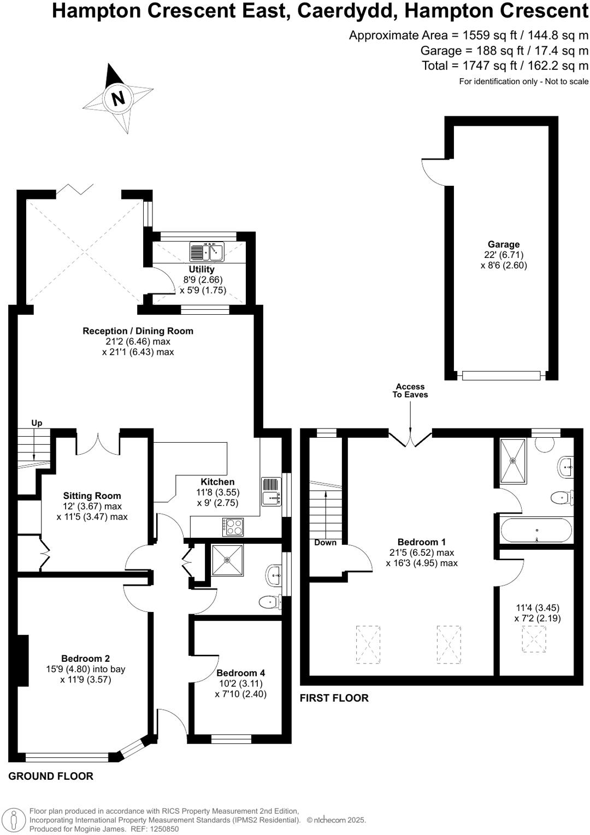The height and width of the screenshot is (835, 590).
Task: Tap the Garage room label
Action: tap(503, 244)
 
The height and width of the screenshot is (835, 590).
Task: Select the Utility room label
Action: tap(202, 269)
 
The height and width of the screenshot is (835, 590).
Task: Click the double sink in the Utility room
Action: tap(206, 252)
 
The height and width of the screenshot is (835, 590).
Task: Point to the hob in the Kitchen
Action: tap(233, 527)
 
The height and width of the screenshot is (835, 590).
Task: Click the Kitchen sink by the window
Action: tap(271, 498)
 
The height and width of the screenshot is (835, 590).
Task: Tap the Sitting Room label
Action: tap(92, 496)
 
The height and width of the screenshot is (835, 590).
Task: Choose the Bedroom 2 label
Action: tap(85, 658)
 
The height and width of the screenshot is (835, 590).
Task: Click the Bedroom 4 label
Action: tap(240, 673)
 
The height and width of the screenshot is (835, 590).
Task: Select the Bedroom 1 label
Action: tap(421, 542)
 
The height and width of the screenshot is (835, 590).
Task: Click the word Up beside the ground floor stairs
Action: tap(37, 423)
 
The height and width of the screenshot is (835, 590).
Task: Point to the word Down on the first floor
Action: tap(325, 543)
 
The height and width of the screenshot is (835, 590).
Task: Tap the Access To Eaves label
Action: tap(410, 390)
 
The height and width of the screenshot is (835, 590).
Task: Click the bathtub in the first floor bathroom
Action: tap(536, 530)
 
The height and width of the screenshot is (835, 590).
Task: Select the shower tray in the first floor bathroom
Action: tap(513, 460)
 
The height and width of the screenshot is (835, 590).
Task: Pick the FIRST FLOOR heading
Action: tap(334, 698)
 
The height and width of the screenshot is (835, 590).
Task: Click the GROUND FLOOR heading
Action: tap(51, 776)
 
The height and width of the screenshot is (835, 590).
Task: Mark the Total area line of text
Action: tap(505, 66)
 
